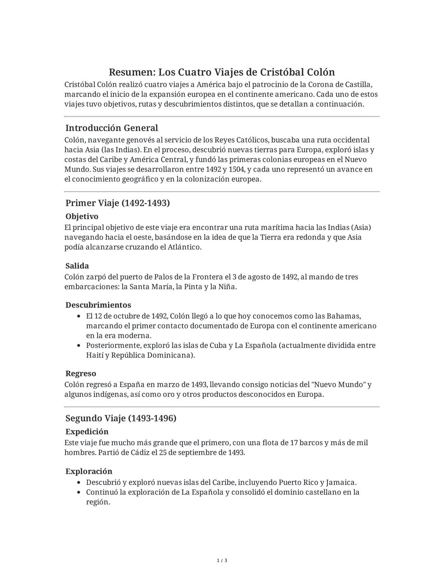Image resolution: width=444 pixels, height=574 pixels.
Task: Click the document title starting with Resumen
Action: coord(222,72)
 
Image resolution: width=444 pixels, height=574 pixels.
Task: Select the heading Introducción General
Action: coord(111,128)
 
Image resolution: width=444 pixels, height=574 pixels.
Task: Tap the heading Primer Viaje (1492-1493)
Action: coord(118,203)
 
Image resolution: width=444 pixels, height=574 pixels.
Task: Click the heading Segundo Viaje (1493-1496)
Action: coord(121,418)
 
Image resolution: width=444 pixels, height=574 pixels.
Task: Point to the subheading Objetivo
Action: coord(82,217)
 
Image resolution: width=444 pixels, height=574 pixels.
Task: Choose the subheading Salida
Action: coord(77,266)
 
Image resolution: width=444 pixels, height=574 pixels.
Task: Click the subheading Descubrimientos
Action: coord(98,305)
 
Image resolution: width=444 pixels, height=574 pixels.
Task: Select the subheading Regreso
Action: coord(81,373)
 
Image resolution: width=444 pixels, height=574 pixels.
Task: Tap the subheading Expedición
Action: coord(87,431)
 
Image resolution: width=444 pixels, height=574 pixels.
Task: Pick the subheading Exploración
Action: coord(89,471)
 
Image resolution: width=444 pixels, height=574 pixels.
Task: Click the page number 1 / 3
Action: coord(222,561)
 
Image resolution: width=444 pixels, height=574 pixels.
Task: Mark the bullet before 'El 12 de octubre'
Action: coord(79,316)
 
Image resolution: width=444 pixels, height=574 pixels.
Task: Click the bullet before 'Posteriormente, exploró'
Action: coord(79,346)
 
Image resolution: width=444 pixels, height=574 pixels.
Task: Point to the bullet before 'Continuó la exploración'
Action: coord(79,492)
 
